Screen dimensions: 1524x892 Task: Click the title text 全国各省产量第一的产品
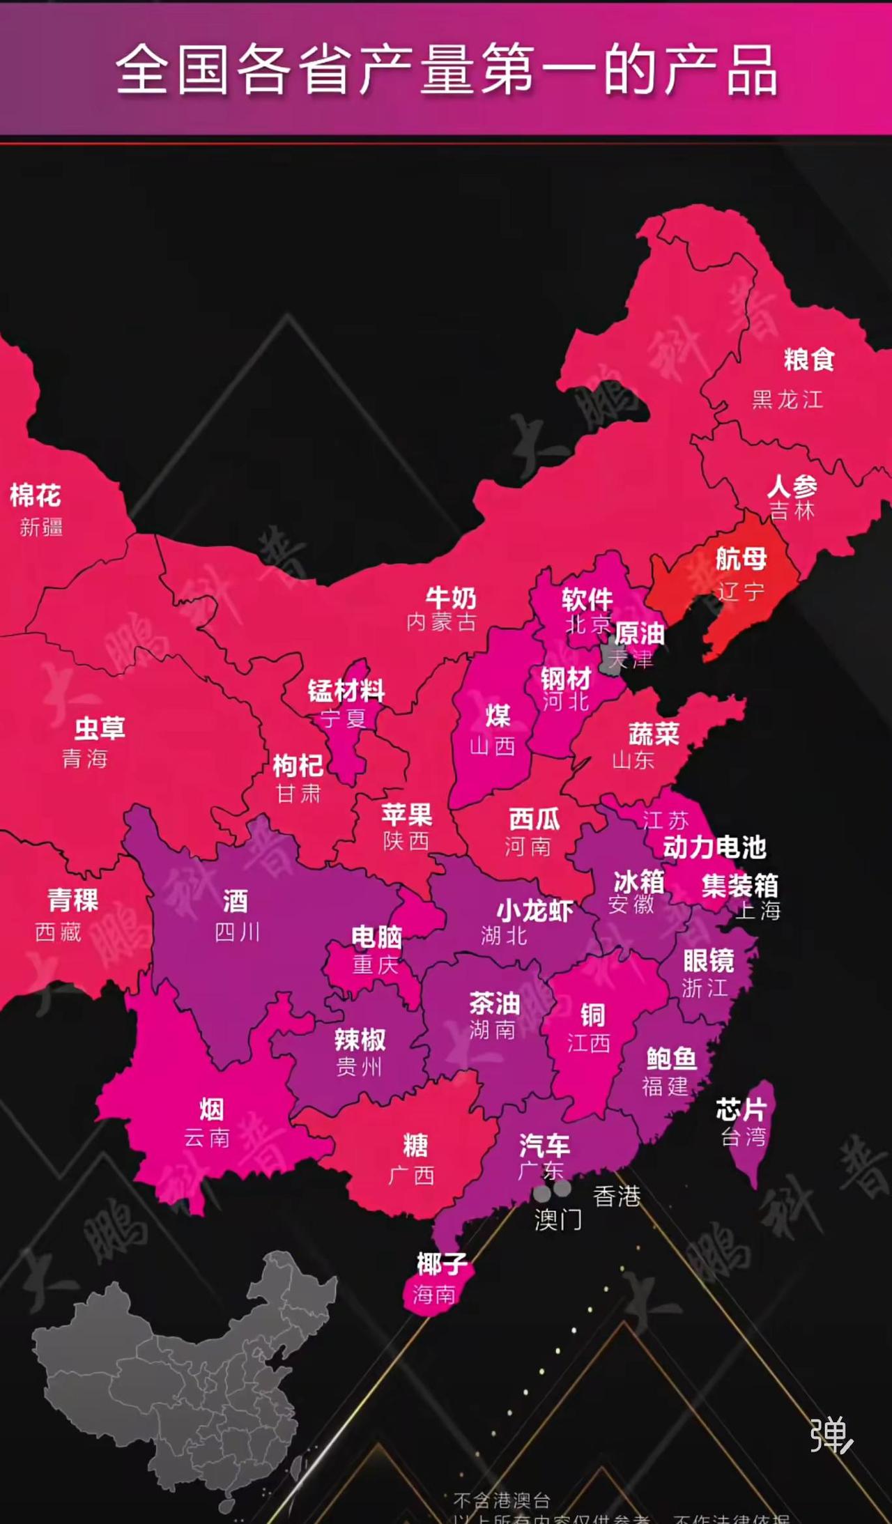[x=446, y=70]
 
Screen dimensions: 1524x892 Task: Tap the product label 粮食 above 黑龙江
[x=809, y=360]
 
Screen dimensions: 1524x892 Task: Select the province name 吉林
[x=792, y=511]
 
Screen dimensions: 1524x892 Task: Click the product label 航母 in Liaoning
[x=741, y=559]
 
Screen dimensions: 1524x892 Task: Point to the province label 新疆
[x=41, y=527]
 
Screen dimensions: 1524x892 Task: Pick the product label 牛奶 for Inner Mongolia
[x=451, y=598]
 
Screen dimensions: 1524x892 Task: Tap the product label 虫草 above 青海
[x=100, y=728]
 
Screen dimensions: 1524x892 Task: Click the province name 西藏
[x=59, y=932]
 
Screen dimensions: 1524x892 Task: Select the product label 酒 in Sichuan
[x=236, y=902]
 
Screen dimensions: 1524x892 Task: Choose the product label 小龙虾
[x=535, y=911]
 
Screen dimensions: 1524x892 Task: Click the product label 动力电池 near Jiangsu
[x=714, y=847]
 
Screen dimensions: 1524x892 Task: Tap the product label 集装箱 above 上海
[x=739, y=886]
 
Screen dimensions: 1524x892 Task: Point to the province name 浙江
[x=705, y=987]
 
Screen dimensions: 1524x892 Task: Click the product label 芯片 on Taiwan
[x=741, y=1109]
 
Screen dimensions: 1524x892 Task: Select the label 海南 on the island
[x=433, y=1295]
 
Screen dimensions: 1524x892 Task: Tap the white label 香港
[x=617, y=1196]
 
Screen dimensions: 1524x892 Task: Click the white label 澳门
[x=557, y=1220]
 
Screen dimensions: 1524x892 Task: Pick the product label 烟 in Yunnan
[x=211, y=1109]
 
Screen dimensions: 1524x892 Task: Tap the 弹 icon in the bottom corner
[x=831, y=1435]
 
